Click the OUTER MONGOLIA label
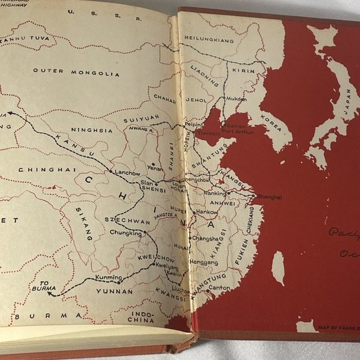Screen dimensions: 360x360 [x=66, y=71]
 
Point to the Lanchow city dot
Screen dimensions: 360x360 [x=110, y=171]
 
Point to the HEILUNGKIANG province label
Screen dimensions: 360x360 [x=212, y=38]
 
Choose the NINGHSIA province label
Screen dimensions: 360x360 [x=92, y=131]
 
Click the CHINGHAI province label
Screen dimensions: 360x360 [x=37, y=169]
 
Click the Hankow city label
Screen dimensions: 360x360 [x=207, y=212]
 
